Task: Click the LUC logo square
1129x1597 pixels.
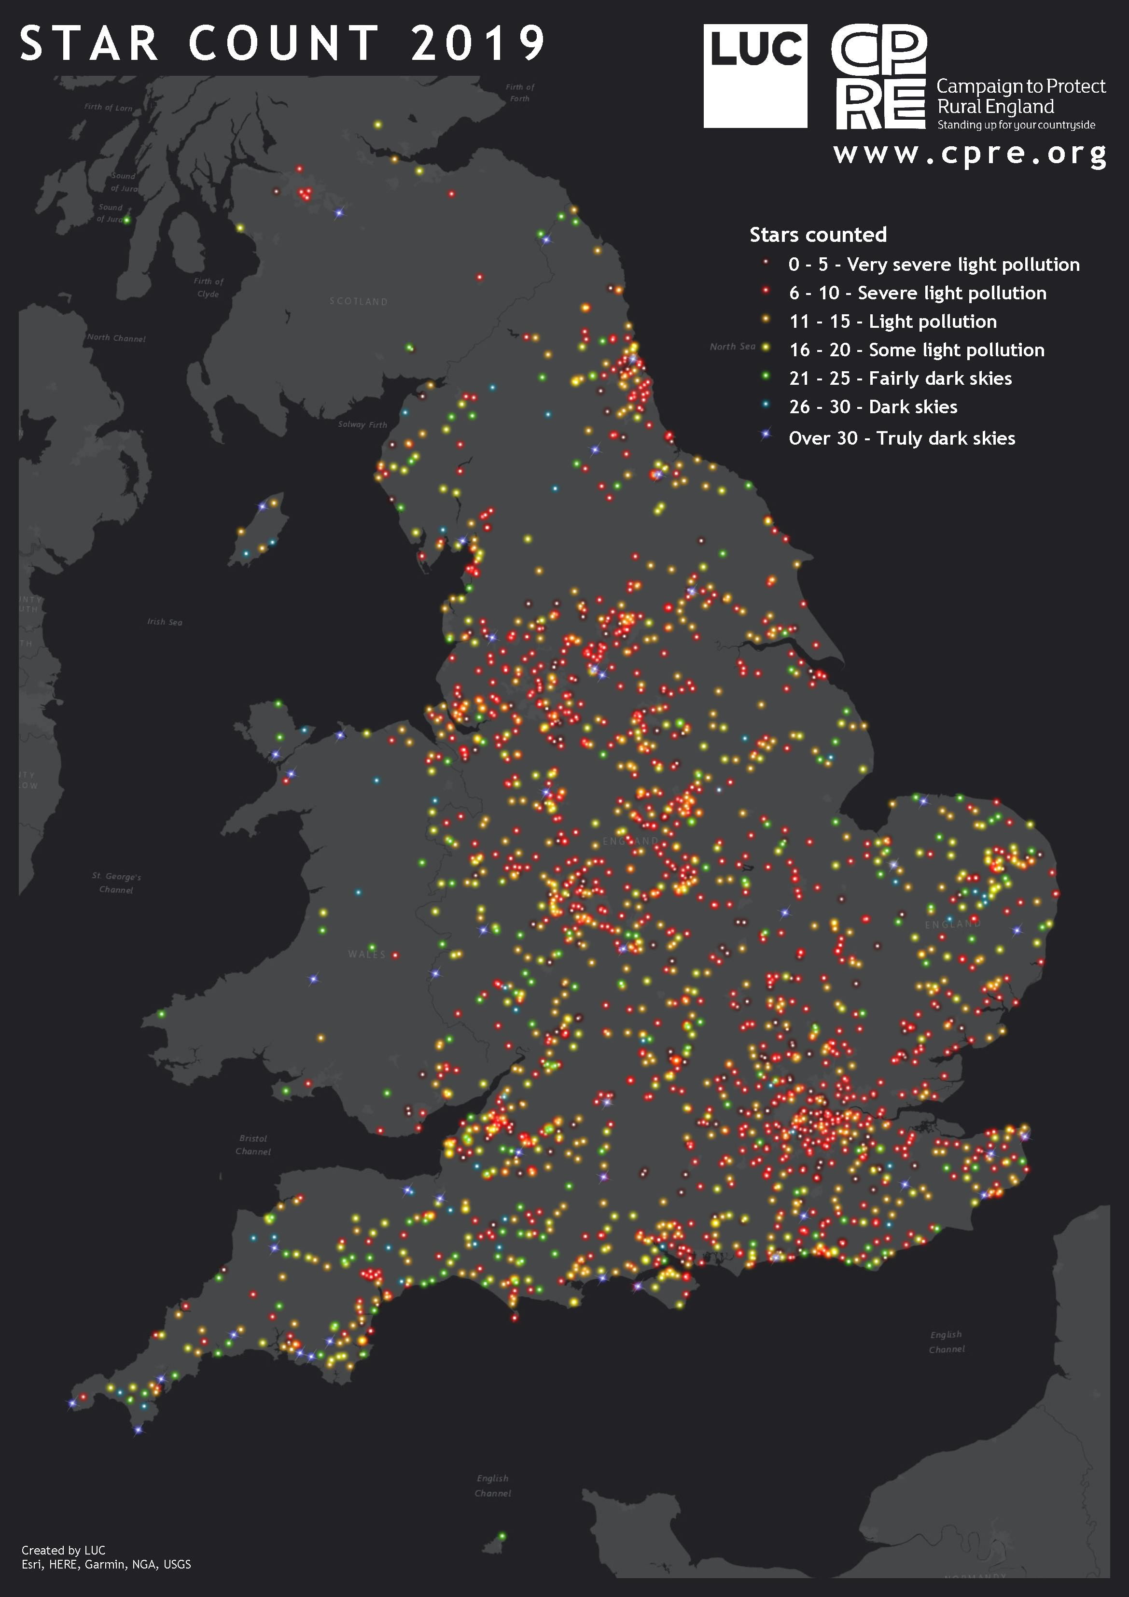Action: [755, 76]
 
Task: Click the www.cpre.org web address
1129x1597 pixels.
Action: [970, 153]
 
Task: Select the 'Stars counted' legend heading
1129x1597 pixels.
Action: [818, 235]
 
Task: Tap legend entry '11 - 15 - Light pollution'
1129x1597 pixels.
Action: [892, 322]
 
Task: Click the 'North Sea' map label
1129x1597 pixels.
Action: [732, 347]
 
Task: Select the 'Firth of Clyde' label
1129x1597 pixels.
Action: [208, 287]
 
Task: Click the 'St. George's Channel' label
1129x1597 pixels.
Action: [116, 883]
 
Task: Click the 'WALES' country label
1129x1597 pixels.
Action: [366, 954]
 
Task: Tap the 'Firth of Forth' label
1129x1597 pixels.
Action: [520, 93]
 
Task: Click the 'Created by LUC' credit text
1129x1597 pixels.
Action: [63, 1550]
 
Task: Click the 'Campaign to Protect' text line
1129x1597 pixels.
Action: [1020, 86]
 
